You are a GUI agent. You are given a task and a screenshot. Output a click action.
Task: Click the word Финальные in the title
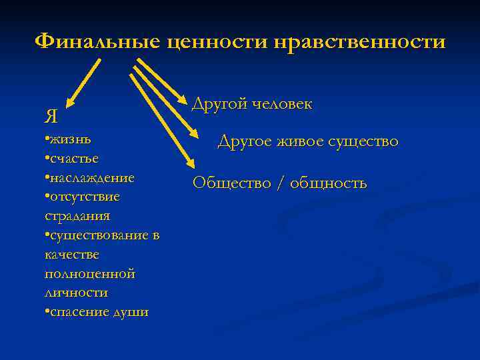pyautogui.click(x=97, y=42)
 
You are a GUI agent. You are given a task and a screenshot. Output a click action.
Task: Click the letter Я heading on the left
pyautogui.click(x=51, y=117)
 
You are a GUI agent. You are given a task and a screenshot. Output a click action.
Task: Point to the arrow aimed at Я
pyautogui.click(x=84, y=83)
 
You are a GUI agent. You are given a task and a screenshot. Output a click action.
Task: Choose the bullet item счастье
pyautogui.click(x=74, y=159)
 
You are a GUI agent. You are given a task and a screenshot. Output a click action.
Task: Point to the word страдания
pyautogui.click(x=77, y=216)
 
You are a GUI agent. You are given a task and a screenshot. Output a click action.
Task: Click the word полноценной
pyautogui.click(x=90, y=273)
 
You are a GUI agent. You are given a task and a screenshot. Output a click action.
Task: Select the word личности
pyautogui.click(x=75, y=293)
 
